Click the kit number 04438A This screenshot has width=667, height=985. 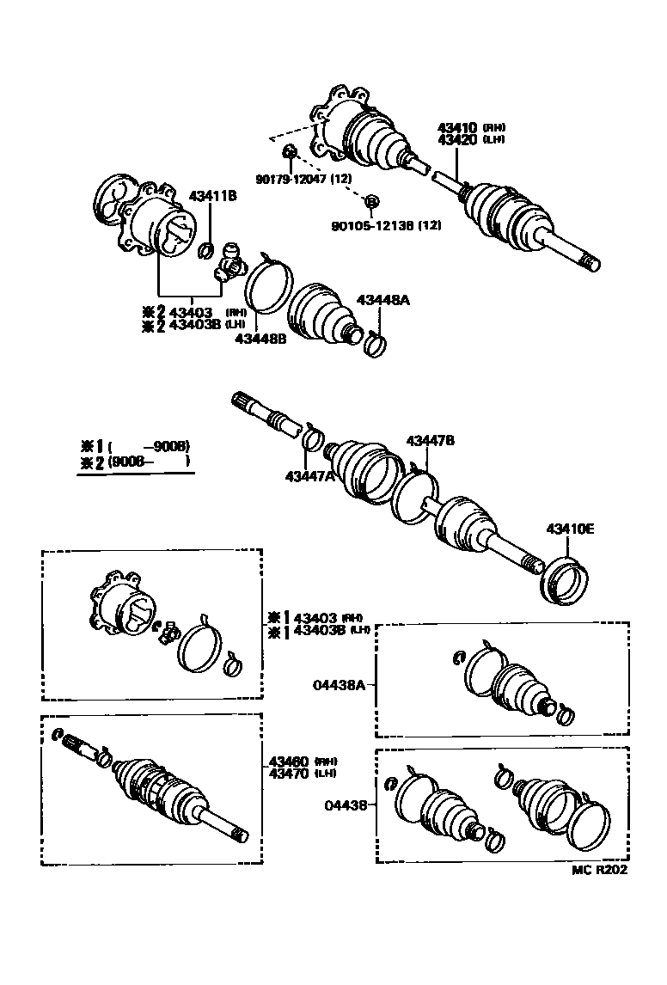coord(340,684)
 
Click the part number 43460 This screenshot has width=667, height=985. coord(288,762)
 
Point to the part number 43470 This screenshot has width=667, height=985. coord(288,774)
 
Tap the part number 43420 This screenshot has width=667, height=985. coord(457,139)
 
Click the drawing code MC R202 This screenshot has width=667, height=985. coord(600,869)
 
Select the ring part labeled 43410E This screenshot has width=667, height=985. coord(563,582)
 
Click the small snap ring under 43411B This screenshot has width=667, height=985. coord(206,250)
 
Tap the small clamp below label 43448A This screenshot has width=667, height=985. coord(376,343)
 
